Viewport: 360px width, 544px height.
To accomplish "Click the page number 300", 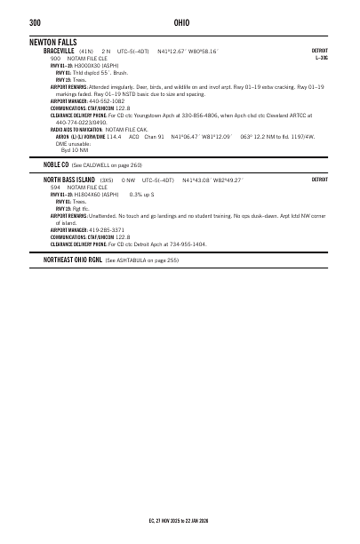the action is click(35, 22).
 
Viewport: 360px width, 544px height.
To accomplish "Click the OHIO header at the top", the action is click(180, 22).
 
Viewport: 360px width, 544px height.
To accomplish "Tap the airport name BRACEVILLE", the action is click(59, 52).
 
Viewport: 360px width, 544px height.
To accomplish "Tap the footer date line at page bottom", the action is click(180, 519).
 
